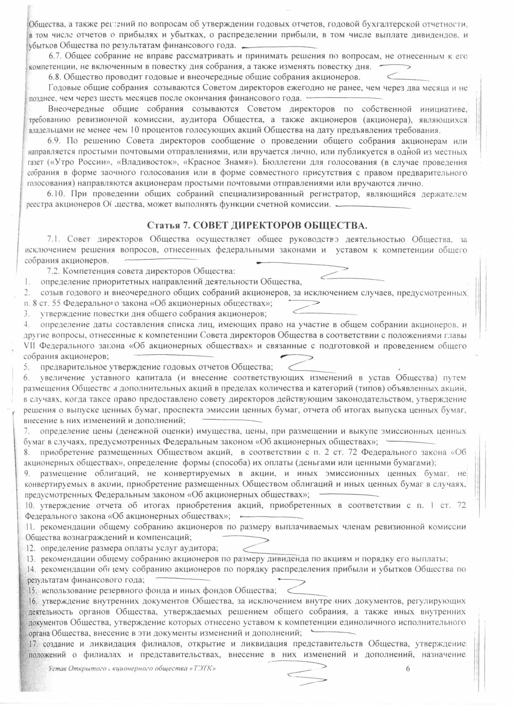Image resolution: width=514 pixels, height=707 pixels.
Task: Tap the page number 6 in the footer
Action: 408,668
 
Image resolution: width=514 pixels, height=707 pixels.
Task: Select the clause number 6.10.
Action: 57,194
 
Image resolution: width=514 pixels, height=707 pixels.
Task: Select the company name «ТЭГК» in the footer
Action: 202,669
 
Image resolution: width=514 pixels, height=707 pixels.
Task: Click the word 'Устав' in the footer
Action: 57,669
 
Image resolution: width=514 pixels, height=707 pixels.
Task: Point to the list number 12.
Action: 30,549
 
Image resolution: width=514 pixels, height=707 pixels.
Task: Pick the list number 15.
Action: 31,590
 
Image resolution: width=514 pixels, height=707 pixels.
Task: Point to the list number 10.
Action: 30,506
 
